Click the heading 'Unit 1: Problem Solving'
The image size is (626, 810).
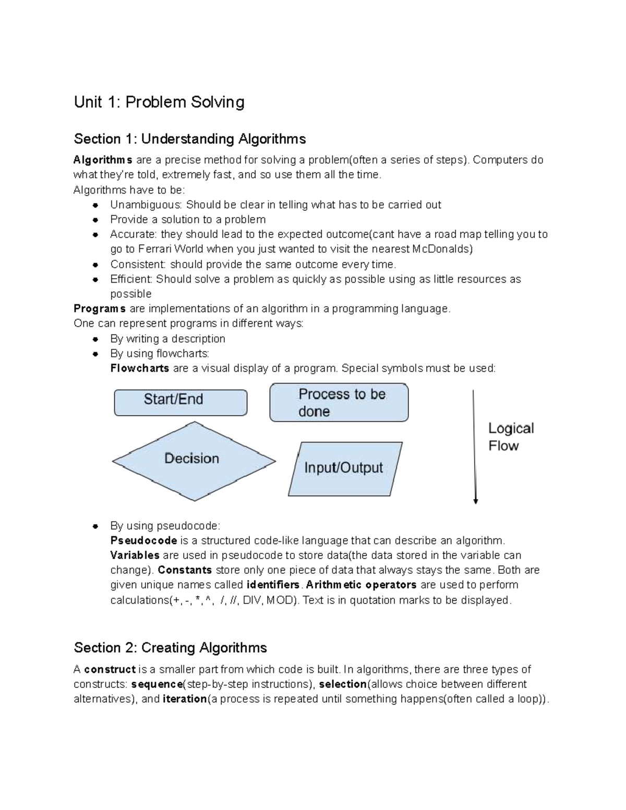[159, 102]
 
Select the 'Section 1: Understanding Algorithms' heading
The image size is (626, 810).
[190, 139]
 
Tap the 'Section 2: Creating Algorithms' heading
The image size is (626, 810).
[171, 648]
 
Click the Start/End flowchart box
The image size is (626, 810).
[180, 402]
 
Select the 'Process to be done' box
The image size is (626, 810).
[339, 402]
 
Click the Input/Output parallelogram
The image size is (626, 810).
[345, 468]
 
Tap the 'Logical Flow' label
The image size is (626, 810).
[510, 437]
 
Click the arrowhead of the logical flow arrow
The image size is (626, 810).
[475, 501]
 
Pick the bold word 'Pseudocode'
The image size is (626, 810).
[143, 540]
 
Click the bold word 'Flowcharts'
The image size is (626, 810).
[139, 368]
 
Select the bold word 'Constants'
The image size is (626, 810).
[185, 570]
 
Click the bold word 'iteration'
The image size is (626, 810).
[185, 699]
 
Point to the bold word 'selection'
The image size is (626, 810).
[343, 684]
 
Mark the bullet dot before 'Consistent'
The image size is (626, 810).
[95, 264]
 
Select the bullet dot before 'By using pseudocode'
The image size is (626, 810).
[95, 526]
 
